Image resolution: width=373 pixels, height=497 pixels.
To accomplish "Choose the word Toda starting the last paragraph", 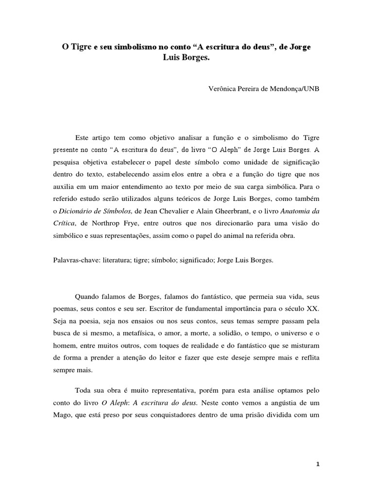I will point(85,390).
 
